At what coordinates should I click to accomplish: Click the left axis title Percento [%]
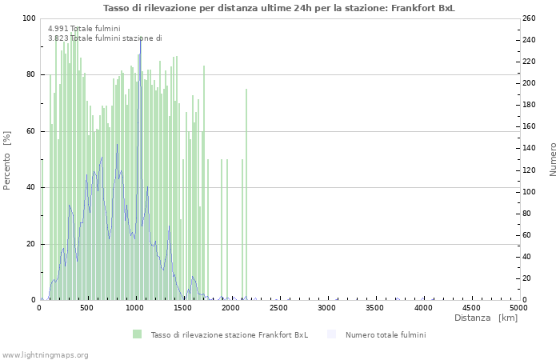pos(7,160)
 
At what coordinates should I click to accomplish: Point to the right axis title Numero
pos(553,159)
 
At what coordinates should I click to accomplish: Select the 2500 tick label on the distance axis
pos(279,307)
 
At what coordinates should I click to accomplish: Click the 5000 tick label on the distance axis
pos(518,307)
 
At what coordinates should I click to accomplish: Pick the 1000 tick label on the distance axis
pos(135,307)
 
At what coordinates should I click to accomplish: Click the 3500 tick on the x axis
pos(375,307)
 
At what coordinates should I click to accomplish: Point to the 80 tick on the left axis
pos(30,74)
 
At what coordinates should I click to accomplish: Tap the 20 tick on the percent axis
pos(30,244)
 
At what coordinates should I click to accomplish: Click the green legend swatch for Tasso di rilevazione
pos(138,334)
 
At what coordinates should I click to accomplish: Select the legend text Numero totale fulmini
pos(386,334)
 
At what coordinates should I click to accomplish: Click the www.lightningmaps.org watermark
pos(46,354)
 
